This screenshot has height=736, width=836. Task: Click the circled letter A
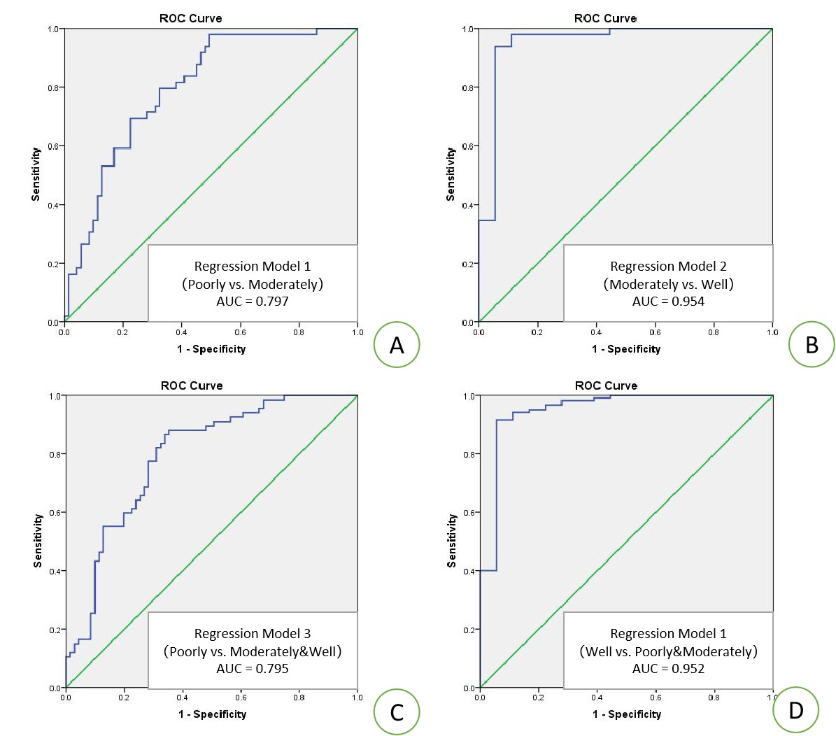(x=397, y=344)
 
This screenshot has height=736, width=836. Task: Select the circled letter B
(x=812, y=344)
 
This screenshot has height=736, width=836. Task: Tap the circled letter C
(x=397, y=712)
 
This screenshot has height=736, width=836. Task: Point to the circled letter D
(x=796, y=710)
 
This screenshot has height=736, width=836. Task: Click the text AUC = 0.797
(x=253, y=302)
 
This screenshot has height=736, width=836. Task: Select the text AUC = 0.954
(x=668, y=302)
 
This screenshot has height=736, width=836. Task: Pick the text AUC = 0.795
(x=253, y=669)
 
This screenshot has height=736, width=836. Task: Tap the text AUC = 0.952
(x=668, y=669)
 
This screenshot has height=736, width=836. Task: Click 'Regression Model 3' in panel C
(x=253, y=633)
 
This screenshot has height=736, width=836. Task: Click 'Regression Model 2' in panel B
(x=668, y=266)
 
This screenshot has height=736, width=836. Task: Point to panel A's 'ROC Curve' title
(x=190, y=18)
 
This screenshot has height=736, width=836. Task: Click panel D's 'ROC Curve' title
(x=606, y=385)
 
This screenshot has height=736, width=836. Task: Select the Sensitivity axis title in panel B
(x=451, y=174)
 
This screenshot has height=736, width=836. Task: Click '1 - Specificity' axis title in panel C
(x=212, y=714)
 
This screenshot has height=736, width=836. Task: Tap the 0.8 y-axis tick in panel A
(x=53, y=88)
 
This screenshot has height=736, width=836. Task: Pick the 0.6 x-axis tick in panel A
(x=240, y=332)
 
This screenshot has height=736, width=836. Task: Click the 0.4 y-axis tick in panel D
(x=469, y=572)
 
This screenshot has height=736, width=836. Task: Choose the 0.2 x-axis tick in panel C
(x=124, y=698)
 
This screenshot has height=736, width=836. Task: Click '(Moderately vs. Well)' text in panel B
(x=668, y=284)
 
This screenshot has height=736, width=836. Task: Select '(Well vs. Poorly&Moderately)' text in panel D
(x=668, y=651)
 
